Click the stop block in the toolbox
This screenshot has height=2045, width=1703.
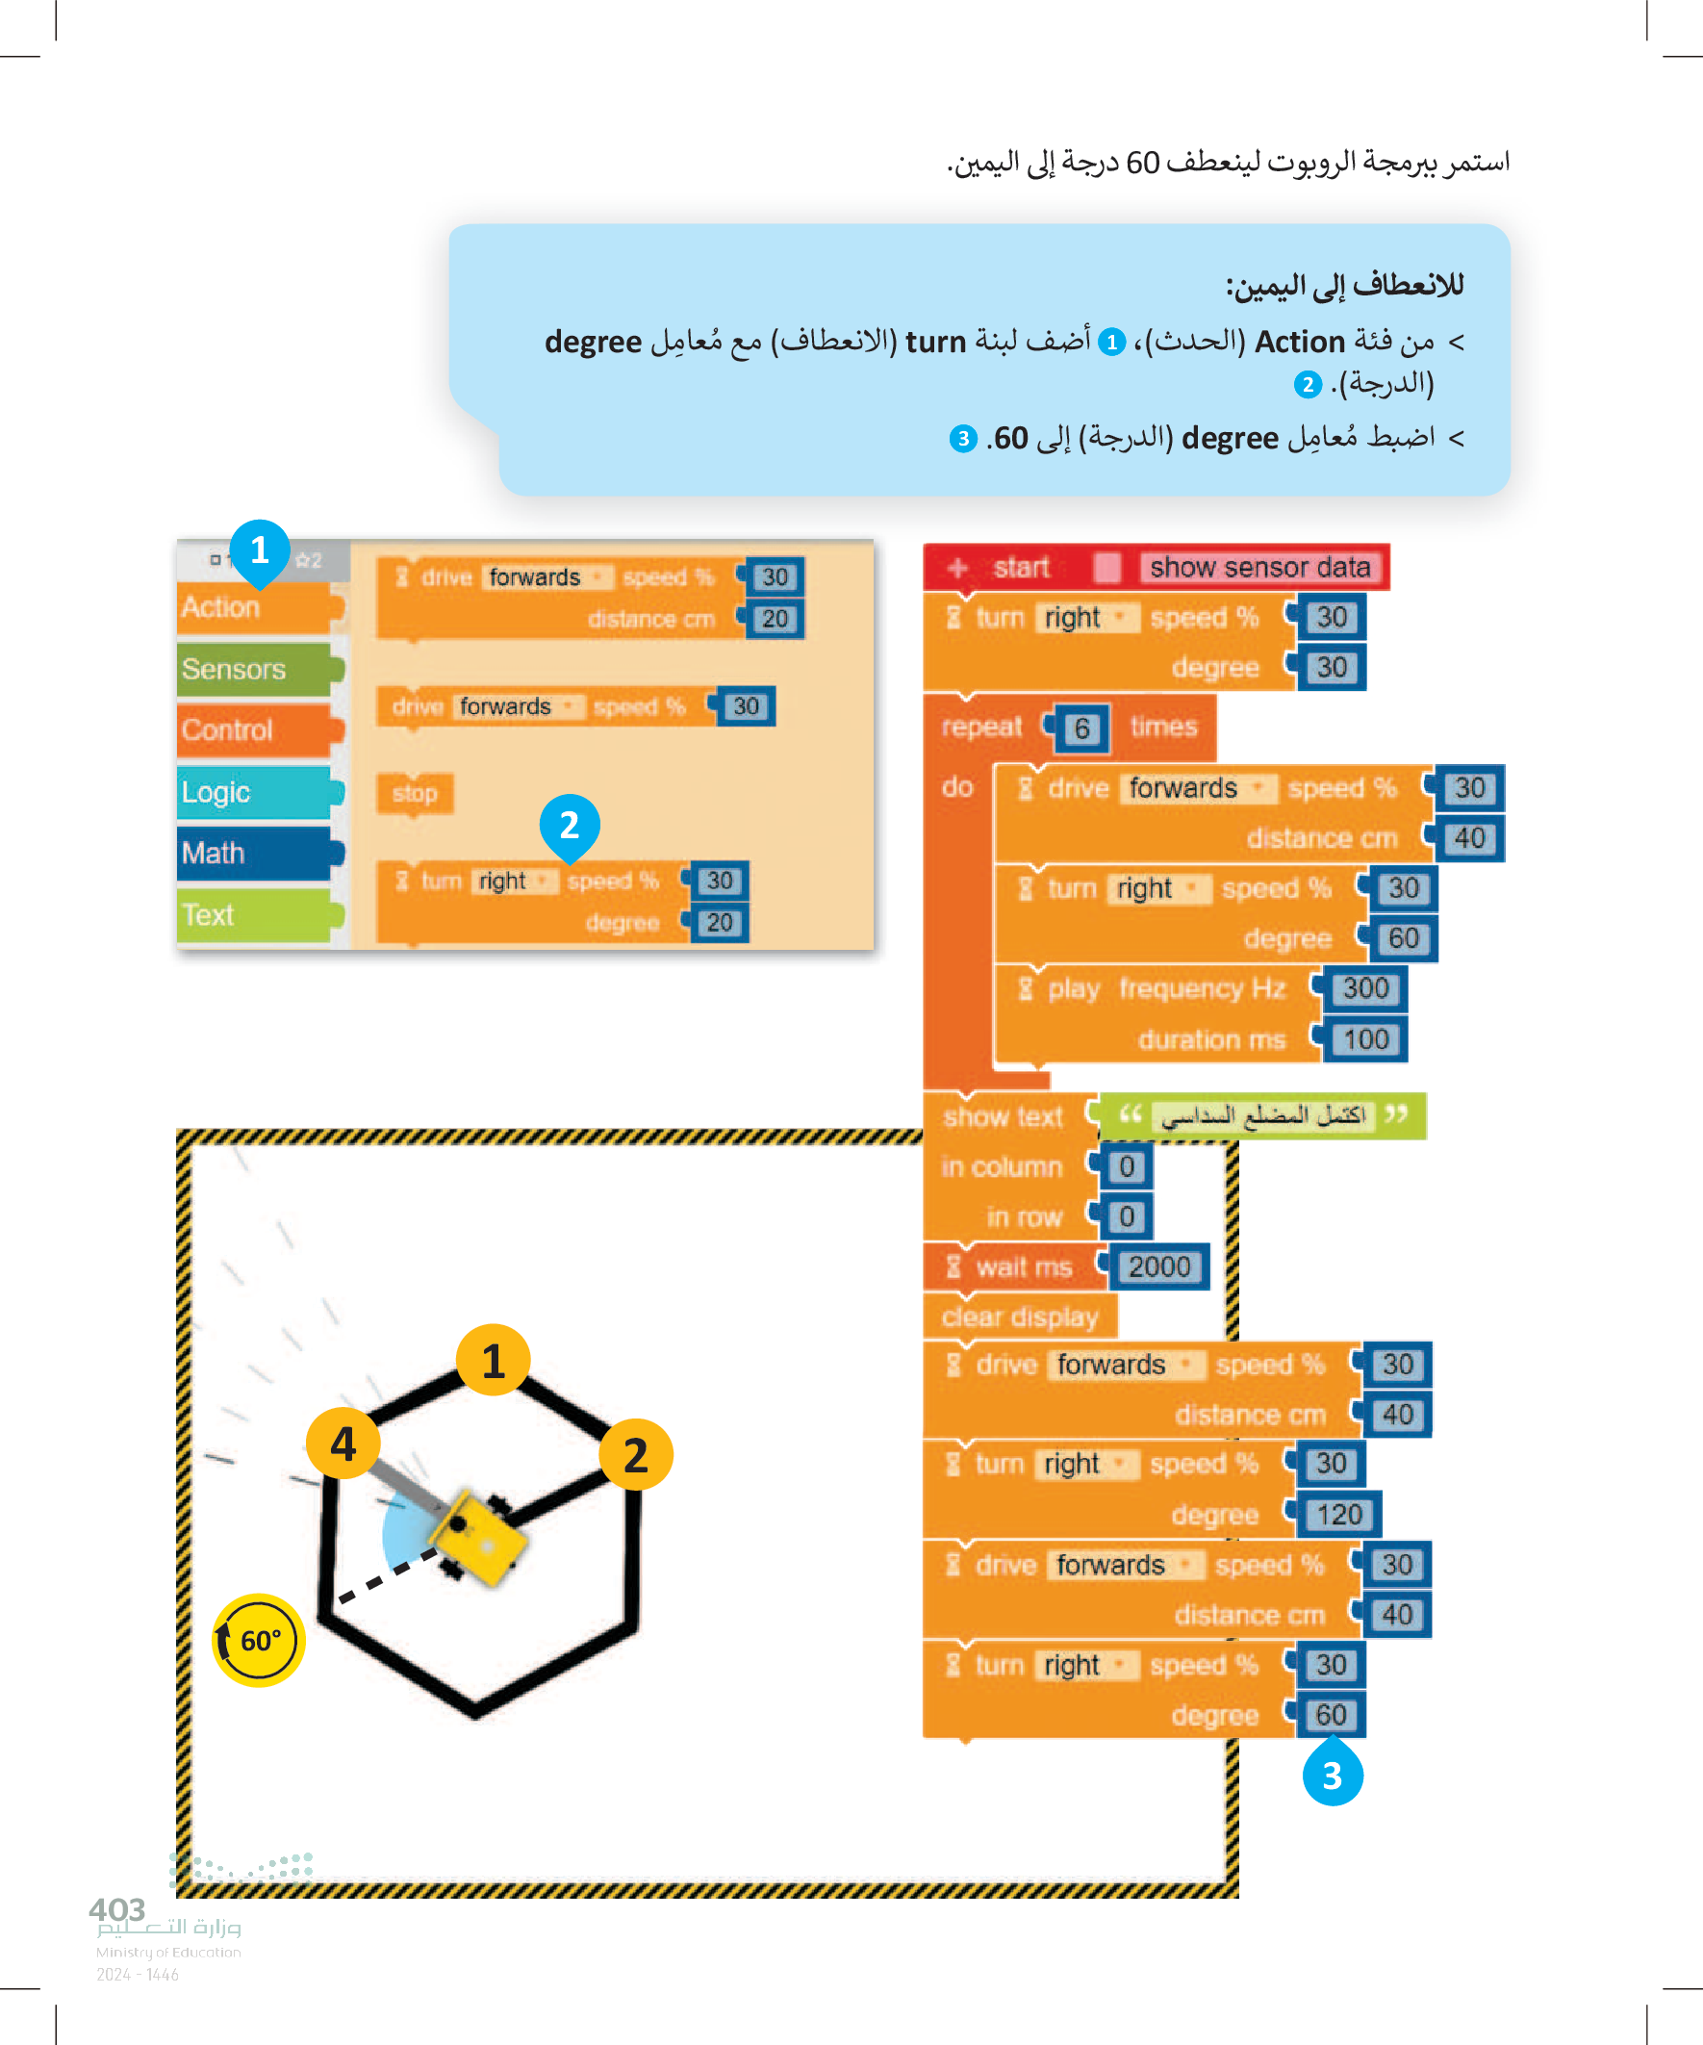point(415,794)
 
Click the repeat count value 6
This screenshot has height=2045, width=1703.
point(1081,729)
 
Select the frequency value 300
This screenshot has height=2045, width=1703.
point(1365,988)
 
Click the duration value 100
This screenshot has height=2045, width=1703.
point(1365,1039)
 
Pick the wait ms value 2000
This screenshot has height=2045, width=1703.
point(1158,1266)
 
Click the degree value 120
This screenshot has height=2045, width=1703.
point(1339,1515)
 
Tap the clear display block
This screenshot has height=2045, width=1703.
point(1020,1316)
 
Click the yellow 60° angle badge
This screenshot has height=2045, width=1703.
point(259,1640)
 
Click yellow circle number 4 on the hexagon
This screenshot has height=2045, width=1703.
point(343,1444)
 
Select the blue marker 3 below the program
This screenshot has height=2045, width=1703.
point(1332,1776)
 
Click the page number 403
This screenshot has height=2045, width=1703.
point(116,1909)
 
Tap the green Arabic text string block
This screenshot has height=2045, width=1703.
point(1263,1115)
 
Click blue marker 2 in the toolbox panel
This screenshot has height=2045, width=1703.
point(570,826)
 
